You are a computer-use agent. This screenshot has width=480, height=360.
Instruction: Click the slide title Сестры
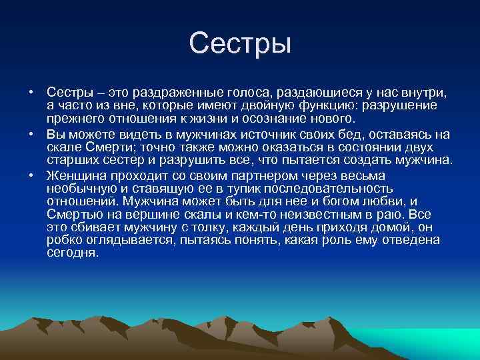pyautogui.click(x=240, y=44)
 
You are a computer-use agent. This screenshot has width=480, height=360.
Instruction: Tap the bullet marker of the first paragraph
pyautogui.click(x=31, y=91)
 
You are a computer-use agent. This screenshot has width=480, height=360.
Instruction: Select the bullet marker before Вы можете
pyautogui.click(x=31, y=134)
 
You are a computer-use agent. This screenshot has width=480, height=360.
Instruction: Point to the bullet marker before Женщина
pyautogui.click(x=31, y=176)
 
